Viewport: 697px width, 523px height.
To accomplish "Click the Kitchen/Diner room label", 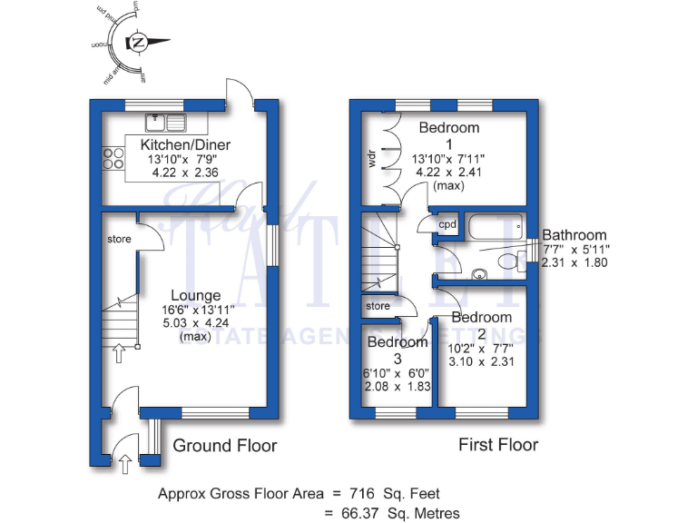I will click(185, 145).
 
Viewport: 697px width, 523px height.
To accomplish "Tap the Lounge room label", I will click(196, 295).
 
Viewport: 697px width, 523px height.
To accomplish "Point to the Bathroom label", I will click(574, 235).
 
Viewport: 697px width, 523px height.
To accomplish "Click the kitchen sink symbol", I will click(165, 120).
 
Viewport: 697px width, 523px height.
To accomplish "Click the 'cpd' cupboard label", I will click(447, 224).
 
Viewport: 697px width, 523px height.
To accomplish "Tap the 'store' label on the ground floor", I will click(120, 240).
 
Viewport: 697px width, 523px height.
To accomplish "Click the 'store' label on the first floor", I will click(378, 306).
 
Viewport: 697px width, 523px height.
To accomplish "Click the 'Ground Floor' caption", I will click(224, 445).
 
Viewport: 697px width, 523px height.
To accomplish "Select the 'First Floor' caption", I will click(498, 445).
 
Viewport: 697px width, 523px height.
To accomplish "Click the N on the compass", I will click(139, 42).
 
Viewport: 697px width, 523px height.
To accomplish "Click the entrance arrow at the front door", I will click(124, 464).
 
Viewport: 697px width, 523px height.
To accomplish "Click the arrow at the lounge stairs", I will click(117, 352).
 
